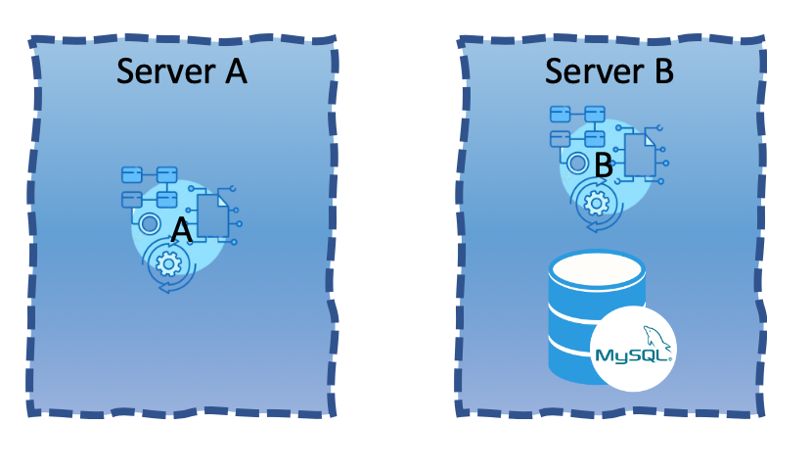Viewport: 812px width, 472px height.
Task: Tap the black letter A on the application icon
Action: point(181,231)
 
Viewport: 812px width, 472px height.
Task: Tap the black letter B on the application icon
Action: point(604,166)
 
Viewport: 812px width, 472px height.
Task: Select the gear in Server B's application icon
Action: point(595,203)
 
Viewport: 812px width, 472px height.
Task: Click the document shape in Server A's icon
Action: point(212,216)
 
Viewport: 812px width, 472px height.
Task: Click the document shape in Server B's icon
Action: point(639,155)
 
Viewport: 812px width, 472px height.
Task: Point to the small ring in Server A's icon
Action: point(150,224)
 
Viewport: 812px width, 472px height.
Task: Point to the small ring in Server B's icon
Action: point(577,164)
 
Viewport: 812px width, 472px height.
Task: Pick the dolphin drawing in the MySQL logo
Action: point(656,337)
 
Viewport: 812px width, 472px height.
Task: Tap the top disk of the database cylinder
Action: point(597,267)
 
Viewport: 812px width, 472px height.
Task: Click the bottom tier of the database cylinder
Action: point(572,362)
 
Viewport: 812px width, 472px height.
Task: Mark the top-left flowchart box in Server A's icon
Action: point(132,175)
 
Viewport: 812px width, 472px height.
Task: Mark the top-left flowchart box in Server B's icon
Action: point(561,115)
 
